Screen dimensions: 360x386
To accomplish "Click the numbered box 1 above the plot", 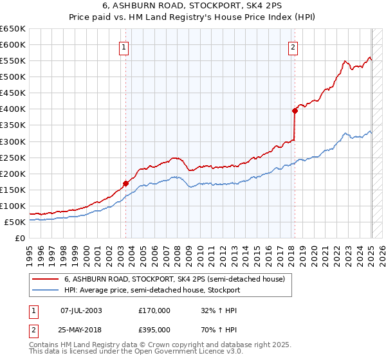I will (123, 46).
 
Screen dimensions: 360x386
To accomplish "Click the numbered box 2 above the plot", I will (293, 46).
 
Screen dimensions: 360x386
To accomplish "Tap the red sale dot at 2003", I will (125, 183).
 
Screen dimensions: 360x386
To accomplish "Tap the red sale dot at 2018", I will (295, 111).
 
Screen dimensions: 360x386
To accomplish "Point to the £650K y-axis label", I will (14, 29).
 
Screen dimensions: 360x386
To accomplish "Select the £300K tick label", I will (14, 141).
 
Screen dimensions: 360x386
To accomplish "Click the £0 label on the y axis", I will (20, 238).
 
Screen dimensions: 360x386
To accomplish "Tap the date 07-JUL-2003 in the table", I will (81, 310).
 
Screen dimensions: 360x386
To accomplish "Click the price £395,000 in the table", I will (154, 330).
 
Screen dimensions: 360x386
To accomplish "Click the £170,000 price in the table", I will (154, 310).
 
